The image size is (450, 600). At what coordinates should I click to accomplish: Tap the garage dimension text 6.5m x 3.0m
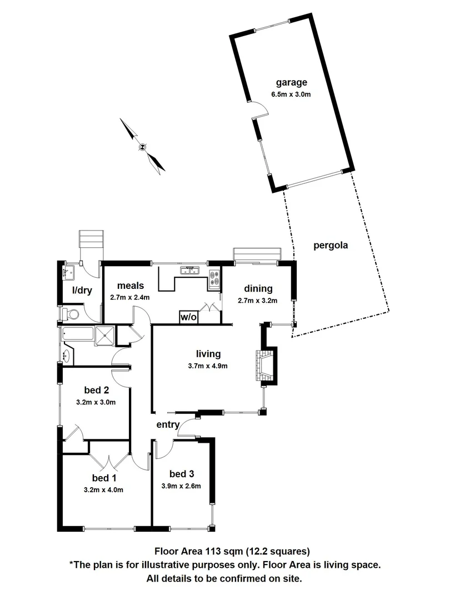click(x=290, y=94)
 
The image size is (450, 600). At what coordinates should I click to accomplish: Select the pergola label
click(x=330, y=245)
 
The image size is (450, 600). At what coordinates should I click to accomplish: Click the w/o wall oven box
click(x=188, y=317)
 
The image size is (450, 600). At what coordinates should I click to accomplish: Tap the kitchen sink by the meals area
click(x=189, y=271)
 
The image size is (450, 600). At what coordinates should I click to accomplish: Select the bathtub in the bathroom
click(x=78, y=335)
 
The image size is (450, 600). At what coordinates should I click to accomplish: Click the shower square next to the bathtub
click(x=105, y=336)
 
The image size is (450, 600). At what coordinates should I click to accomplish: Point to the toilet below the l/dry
click(x=71, y=314)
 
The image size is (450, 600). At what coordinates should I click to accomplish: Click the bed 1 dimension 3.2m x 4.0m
click(x=103, y=489)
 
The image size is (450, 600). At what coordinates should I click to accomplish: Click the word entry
click(x=168, y=425)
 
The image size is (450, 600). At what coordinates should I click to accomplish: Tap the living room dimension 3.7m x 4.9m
click(x=208, y=366)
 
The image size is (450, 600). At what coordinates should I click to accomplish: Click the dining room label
click(x=258, y=288)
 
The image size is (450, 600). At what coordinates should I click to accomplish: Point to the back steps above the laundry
click(x=91, y=242)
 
